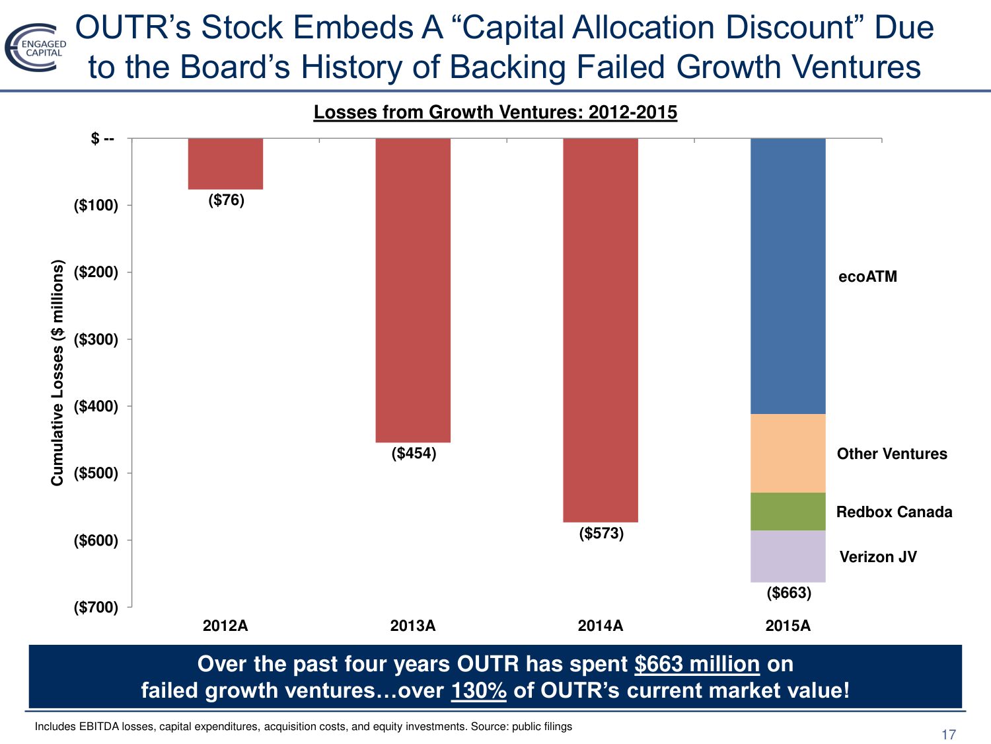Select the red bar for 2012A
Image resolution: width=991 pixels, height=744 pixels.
[225, 163]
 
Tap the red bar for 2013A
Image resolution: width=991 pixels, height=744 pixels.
[413, 290]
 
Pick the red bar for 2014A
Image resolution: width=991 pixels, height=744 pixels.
[601, 329]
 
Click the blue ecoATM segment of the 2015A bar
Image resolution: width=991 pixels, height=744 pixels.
[788, 276]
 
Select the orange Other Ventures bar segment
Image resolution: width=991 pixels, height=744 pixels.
[788, 453]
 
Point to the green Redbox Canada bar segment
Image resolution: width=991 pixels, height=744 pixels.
[788, 511]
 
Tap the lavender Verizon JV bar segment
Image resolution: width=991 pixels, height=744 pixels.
[788, 556]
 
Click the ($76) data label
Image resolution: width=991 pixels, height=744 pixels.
[226, 200]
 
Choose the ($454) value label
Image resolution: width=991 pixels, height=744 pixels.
[414, 453]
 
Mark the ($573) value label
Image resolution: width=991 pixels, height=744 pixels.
[601, 533]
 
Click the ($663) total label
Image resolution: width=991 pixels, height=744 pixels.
[789, 593]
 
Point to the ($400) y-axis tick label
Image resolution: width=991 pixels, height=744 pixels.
[96, 406]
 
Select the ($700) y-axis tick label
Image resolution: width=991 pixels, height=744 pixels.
[96, 607]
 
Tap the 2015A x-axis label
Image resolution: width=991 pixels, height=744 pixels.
[788, 626]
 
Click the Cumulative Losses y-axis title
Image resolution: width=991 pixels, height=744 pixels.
[57, 372]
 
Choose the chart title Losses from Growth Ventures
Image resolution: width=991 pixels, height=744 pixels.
[495, 112]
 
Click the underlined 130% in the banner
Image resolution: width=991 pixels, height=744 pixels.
[478, 690]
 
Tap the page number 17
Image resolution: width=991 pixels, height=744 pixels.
[948, 734]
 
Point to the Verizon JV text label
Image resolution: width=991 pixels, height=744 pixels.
[877, 557]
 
